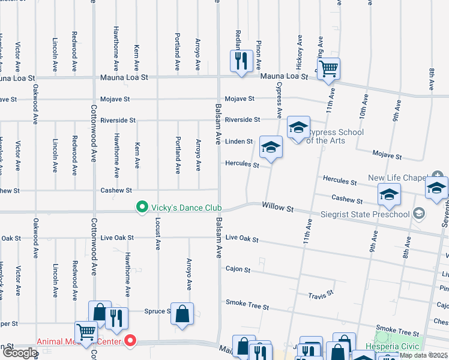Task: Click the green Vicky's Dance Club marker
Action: click(x=142, y=208)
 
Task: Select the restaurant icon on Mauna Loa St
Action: click(x=241, y=61)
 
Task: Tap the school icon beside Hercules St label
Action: click(x=271, y=147)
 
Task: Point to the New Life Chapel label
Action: click(x=397, y=178)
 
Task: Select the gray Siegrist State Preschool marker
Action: click(x=419, y=214)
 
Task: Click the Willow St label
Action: click(x=277, y=206)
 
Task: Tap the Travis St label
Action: click(x=321, y=295)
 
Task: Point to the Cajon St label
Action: click(x=238, y=270)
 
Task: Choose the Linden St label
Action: click(x=239, y=142)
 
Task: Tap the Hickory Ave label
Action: click(x=299, y=47)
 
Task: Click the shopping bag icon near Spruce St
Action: click(x=182, y=313)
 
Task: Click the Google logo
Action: click(x=20, y=353)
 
